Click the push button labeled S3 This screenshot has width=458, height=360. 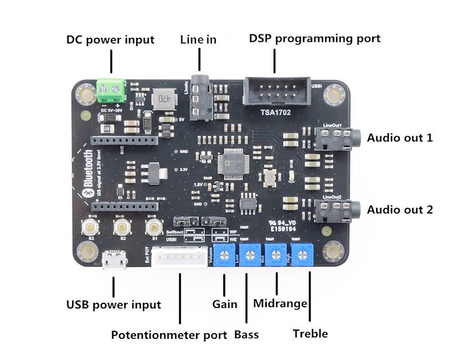pos(90,227)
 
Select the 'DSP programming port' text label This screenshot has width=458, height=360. pos(314,39)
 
